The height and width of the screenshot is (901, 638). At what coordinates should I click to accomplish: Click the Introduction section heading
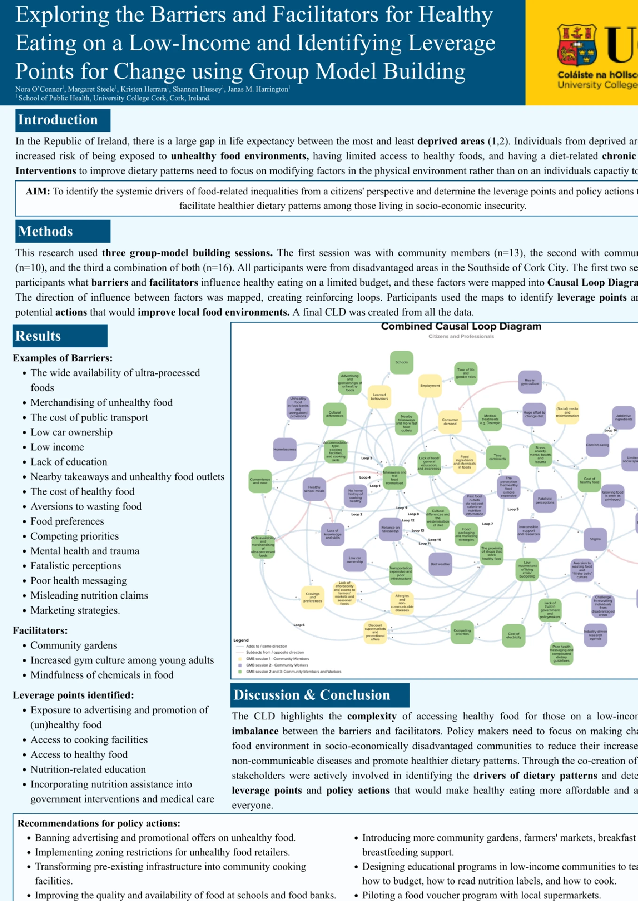click(x=58, y=120)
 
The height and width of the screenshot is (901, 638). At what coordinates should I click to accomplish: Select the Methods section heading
click(x=46, y=231)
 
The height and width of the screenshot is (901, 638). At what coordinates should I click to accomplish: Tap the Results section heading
click(x=38, y=336)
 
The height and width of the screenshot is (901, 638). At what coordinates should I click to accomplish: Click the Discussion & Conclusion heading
click(x=311, y=695)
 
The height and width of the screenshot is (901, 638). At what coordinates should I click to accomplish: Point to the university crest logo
click(x=576, y=46)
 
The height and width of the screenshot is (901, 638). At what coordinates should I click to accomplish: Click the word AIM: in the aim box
click(x=38, y=191)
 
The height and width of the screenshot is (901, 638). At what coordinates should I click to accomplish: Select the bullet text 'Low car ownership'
click(x=71, y=432)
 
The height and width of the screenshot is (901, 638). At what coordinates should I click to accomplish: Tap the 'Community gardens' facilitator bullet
click(x=74, y=646)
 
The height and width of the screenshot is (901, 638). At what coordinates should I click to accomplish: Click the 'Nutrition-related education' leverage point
click(x=88, y=770)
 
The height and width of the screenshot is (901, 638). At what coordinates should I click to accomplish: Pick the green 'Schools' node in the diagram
click(x=402, y=362)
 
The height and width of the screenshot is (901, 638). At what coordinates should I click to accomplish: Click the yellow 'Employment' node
click(x=430, y=386)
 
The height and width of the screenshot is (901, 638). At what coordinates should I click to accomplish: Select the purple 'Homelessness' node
click(x=285, y=449)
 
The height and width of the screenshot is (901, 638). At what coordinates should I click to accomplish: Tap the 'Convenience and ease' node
click(x=260, y=481)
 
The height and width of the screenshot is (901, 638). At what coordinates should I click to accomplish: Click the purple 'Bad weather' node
click(x=440, y=564)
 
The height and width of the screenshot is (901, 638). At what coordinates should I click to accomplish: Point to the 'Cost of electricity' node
click(x=514, y=636)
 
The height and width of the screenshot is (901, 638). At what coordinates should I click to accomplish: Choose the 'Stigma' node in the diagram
click(x=595, y=539)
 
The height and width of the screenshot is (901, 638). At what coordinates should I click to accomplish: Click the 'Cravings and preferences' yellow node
click(x=312, y=597)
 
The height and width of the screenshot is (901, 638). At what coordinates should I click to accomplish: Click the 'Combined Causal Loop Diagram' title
click(x=461, y=327)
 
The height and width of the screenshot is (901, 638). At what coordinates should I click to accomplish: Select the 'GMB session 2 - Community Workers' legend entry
click(x=277, y=665)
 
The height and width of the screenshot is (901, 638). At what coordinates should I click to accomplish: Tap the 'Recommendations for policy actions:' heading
click(x=99, y=824)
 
